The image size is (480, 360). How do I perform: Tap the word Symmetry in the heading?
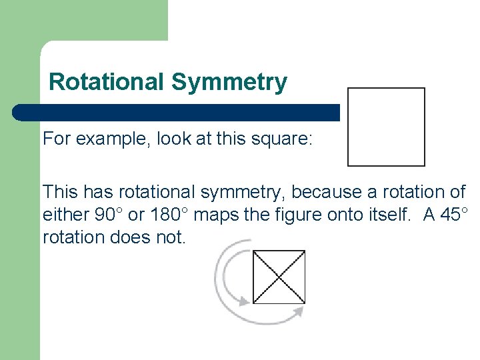click(229, 83)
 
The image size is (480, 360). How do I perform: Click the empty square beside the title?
click(386, 127)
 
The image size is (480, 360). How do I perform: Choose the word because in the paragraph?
click(323, 193)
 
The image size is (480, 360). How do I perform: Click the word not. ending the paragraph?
click(170, 237)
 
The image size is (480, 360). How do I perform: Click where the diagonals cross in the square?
click(279, 276)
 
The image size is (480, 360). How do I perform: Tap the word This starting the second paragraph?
click(60, 193)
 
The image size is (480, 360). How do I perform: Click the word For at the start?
click(57, 139)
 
